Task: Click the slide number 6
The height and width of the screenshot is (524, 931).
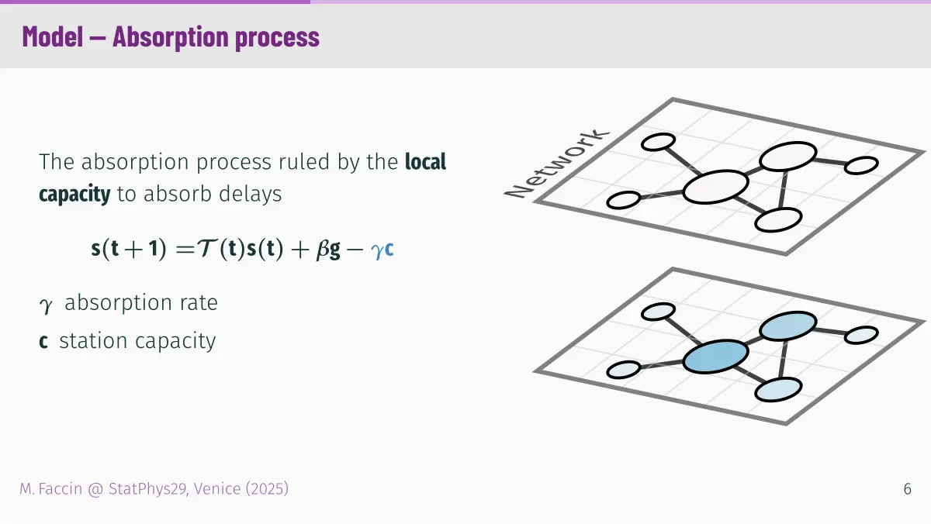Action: [907, 489]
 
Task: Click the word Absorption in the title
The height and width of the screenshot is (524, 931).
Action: [171, 37]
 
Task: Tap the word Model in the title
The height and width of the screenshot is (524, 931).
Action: [53, 36]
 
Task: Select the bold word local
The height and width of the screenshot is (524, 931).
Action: [426, 161]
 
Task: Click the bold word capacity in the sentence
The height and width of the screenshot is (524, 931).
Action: [74, 195]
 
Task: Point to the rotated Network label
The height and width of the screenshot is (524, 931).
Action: [556, 164]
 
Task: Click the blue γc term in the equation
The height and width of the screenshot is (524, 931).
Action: [382, 249]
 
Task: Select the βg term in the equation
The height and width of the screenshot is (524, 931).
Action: [328, 249]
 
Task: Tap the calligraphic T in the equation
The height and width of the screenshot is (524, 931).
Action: [206, 248]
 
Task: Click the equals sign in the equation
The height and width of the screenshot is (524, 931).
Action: [185, 249]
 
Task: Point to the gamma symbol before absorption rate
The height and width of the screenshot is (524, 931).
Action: [46, 305]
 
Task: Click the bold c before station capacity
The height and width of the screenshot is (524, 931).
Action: [43, 341]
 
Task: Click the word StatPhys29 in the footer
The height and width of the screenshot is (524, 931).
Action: [147, 489]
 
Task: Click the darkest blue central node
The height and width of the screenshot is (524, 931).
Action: [715, 357]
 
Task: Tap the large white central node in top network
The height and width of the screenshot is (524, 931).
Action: [715, 187]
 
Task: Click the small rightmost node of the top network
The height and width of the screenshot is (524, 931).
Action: [862, 165]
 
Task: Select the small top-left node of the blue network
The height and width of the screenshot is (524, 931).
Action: [659, 312]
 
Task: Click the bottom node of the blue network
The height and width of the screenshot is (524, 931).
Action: [778, 389]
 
